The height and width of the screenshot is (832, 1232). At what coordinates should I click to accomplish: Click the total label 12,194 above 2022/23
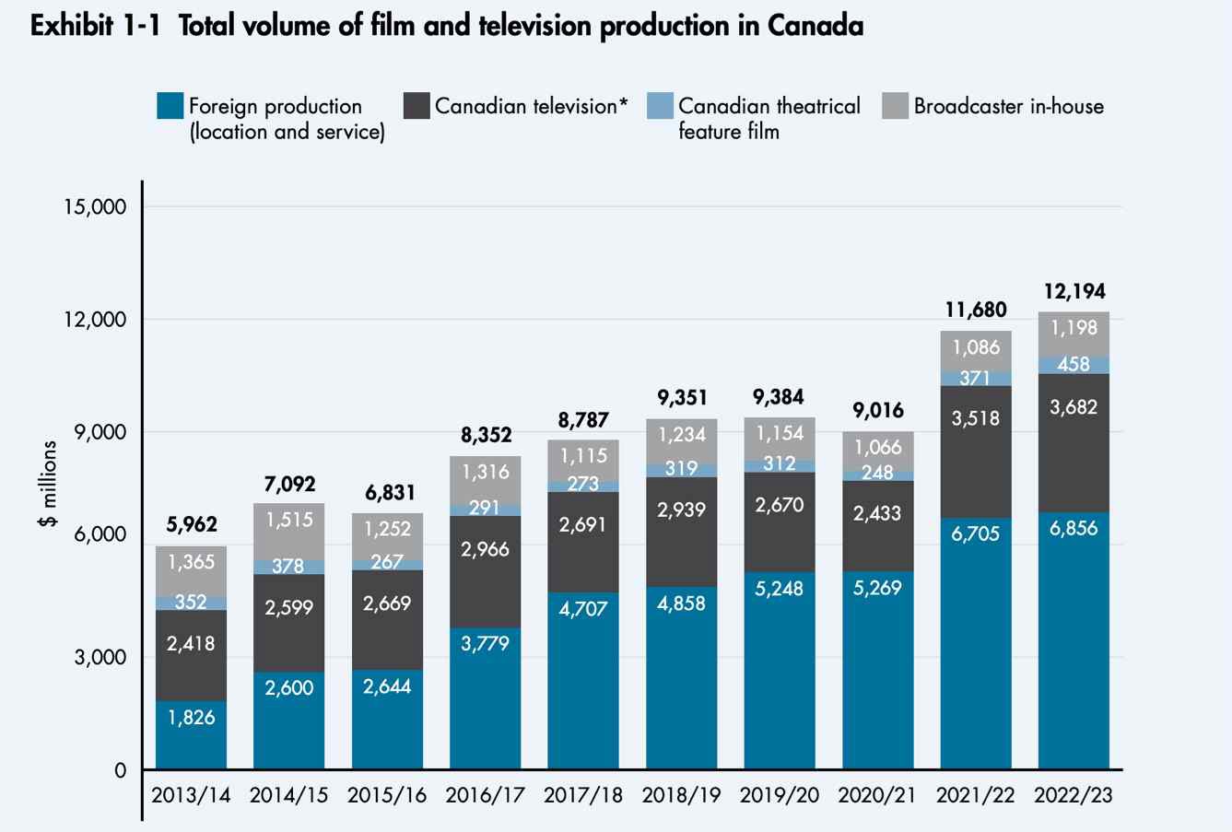[1074, 292]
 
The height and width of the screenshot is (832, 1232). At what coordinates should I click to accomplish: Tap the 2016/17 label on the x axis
[486, 795]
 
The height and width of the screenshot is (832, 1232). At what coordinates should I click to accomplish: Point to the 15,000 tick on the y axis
[95, 206]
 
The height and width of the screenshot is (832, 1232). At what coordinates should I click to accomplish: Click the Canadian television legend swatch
[417, 106]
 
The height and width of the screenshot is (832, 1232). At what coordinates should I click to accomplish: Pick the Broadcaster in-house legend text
[1008, 106]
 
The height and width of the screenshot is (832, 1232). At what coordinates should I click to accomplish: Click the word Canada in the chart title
[814, 26]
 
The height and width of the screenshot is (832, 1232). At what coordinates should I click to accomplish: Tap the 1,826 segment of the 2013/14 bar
[191, 717]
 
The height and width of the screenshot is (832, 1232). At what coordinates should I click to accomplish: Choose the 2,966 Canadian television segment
[486, 549]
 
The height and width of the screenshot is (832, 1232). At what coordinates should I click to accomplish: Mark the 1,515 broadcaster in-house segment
[289, 520]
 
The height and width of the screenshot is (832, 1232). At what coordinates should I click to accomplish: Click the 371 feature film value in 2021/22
[975, 378]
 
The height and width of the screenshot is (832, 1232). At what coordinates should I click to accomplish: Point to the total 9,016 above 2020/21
[877, 410]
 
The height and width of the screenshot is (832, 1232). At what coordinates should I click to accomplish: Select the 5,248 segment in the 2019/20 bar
[780, 588]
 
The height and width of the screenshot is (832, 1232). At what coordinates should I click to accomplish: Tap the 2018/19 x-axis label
[682, 795]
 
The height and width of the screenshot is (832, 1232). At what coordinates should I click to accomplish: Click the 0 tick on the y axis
[119, 770]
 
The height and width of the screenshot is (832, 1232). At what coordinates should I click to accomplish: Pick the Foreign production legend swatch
[171, 106]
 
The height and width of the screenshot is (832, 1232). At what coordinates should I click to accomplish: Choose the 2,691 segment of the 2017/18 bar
[583, 524]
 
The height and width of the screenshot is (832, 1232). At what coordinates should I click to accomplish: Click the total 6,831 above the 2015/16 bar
[387, 492]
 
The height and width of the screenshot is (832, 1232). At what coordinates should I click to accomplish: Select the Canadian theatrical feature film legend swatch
[661, 106]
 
